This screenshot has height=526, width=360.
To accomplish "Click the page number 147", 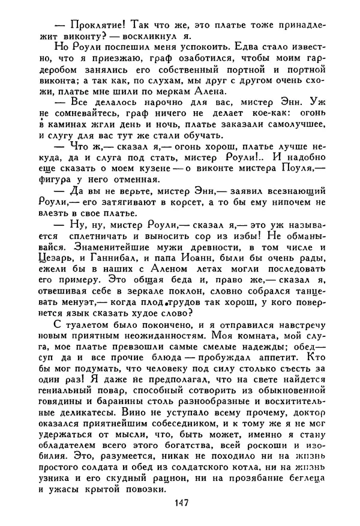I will (x=181, y=503).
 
